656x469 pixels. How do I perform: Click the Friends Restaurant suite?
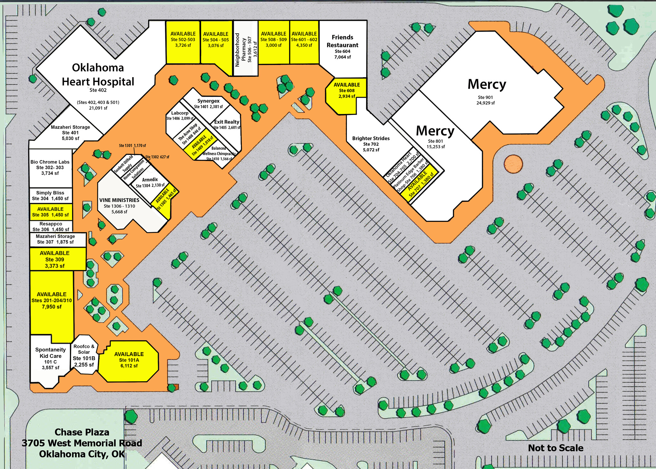342,46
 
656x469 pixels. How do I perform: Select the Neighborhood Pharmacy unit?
246,48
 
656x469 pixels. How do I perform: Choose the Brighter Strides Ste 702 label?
371,144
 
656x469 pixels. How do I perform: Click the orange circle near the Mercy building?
513,164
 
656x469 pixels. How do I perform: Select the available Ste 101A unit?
129,360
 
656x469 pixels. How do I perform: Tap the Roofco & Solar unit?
84,355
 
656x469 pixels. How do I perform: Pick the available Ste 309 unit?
55,259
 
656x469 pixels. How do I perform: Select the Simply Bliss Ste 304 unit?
50,196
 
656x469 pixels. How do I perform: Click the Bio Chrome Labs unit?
50,167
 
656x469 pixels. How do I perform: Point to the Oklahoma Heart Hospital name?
98,75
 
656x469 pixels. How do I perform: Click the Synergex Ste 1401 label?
208,103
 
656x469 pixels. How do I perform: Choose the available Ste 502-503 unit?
183,40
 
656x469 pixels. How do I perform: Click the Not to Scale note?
555,448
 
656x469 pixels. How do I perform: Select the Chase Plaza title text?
82,432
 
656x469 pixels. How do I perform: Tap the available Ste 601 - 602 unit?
304,40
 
